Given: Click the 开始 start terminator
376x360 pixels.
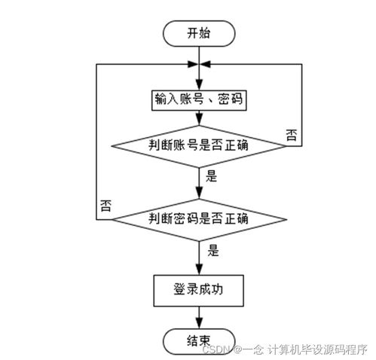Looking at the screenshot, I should click(198, 33).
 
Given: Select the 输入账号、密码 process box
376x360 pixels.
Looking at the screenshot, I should click(198, 99).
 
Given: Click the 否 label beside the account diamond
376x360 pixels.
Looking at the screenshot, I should click(292, 133).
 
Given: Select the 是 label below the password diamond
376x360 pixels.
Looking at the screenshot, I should click(212, 252).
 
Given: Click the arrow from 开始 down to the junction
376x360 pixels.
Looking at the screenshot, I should click(198, 53).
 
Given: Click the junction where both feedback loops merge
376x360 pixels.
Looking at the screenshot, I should click(198, 64).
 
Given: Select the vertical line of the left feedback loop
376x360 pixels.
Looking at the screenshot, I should click(96, 143).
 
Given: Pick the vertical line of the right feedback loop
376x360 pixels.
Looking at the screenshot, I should click(303, 105).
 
